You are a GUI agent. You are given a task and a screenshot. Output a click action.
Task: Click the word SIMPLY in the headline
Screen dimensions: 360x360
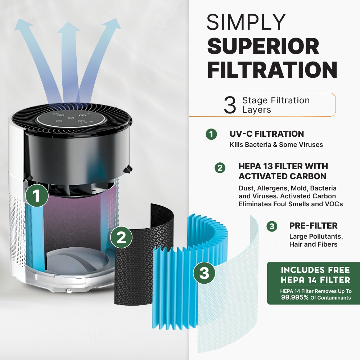[x=246, y=22]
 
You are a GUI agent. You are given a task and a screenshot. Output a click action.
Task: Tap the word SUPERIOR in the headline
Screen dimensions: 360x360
[x=263, y=46]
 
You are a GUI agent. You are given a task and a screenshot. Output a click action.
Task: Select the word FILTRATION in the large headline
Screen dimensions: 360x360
[x=272, y=70]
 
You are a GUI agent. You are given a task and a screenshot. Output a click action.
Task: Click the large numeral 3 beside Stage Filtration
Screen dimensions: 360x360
[x=230, y=105]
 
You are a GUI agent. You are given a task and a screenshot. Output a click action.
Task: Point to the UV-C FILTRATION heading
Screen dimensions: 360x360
[x=266, y=134]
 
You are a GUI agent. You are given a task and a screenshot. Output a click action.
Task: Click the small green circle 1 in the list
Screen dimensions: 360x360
[x=211, y=134]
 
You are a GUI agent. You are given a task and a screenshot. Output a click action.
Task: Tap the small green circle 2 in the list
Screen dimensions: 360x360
[x=220, y=168]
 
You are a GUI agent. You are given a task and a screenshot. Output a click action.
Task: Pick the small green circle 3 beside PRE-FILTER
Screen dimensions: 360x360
[x=272, y=226]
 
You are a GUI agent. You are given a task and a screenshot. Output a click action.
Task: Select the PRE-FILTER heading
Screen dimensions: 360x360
[x=313, y=226]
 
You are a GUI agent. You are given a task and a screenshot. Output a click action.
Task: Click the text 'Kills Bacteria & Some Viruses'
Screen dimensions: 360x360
[x=276, y=145]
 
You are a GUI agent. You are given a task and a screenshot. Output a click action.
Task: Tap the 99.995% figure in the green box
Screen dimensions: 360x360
[x=295, y=297]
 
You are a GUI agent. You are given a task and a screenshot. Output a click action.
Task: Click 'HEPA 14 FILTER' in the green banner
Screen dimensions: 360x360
[x=315, y=280]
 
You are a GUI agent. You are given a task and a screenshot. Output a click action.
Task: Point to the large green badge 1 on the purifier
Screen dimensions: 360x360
[x=37, y=196]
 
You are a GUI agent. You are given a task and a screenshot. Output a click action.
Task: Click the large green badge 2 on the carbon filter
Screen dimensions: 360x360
[x=121, y=237]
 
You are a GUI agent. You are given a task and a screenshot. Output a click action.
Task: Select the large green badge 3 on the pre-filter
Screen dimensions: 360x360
[x=204, y=273]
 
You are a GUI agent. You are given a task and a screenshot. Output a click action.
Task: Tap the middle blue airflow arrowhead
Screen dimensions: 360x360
[x=68, y=27]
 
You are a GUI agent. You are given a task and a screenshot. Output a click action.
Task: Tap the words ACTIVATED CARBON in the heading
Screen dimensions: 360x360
[x=282, y=176]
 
